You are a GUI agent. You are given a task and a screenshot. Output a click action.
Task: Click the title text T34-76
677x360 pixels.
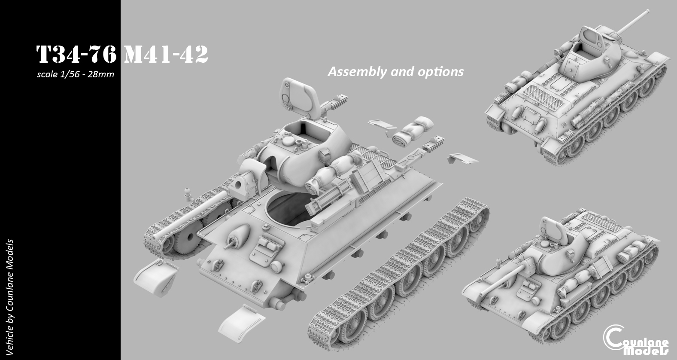[x=76, y=55]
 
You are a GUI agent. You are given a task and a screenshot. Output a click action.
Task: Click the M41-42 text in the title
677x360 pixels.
[x=166, y=55]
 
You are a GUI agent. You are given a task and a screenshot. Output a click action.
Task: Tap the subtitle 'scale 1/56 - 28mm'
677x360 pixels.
[x=76, y=74]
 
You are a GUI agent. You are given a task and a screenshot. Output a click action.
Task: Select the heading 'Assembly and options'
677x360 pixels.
[x=395, y=71]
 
